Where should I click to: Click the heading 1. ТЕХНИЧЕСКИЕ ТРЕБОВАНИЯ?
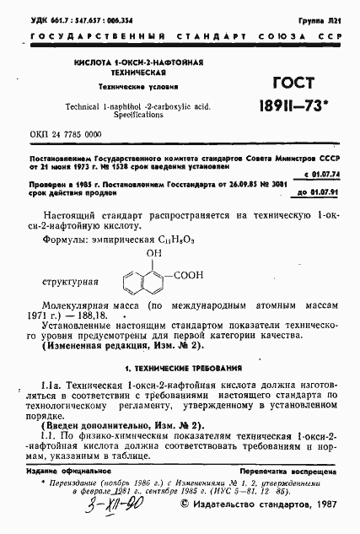[180, 369]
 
